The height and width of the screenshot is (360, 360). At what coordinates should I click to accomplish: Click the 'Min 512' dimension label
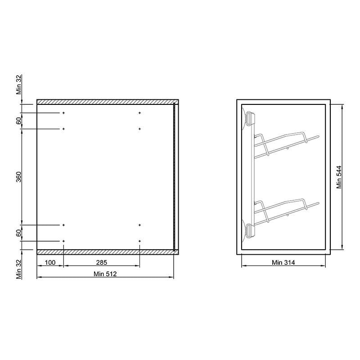tap(105, 274)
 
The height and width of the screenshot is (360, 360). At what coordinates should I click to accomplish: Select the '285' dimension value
tap(102, 262)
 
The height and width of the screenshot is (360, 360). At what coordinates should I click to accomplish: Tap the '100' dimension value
tap(50, 262)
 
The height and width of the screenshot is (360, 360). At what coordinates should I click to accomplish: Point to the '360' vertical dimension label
tap(18, 177)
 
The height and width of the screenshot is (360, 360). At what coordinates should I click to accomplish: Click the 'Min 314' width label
tap(283, 262)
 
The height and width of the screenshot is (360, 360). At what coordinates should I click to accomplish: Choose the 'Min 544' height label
tap(339, 177)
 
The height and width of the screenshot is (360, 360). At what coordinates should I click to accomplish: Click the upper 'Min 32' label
tap(18, 85)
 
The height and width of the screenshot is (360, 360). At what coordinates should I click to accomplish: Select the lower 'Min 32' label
tap(18, 269)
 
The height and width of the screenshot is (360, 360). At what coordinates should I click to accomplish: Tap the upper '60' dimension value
tap(18, 121)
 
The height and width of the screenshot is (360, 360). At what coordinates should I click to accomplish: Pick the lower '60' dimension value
tap(18, 233)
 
